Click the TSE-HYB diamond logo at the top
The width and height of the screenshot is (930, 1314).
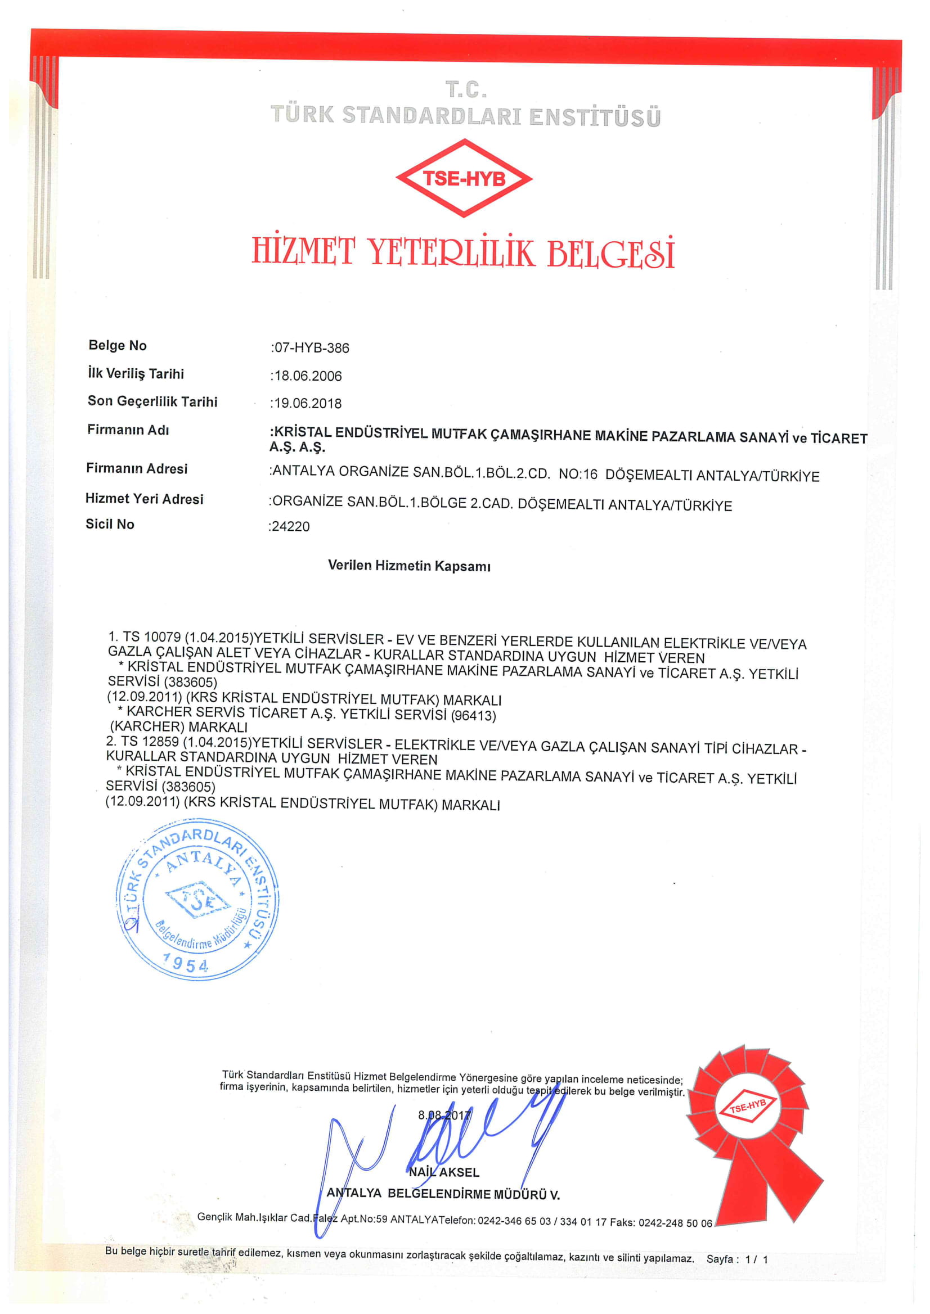click(464, 178)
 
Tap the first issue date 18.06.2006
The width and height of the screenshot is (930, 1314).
click(308, 376)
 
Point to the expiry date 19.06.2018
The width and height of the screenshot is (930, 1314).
click(308, 403)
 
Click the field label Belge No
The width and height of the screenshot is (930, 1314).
click(118, 345)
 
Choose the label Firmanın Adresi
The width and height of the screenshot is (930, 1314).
click(137, 468)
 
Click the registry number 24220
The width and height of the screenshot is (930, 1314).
click(290, 526)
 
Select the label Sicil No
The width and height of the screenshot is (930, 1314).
click(110, 523)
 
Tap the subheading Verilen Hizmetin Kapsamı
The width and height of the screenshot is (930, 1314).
click(409, 566)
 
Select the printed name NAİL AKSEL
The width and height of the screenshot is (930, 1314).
click(444, 1172)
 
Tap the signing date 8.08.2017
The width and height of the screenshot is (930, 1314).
click(444, 1115)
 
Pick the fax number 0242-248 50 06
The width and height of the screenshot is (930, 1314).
click(675, 1222)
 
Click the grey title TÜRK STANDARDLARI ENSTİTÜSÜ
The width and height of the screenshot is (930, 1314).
click(465, 115)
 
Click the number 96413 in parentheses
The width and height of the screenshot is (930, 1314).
click(473, 715)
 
